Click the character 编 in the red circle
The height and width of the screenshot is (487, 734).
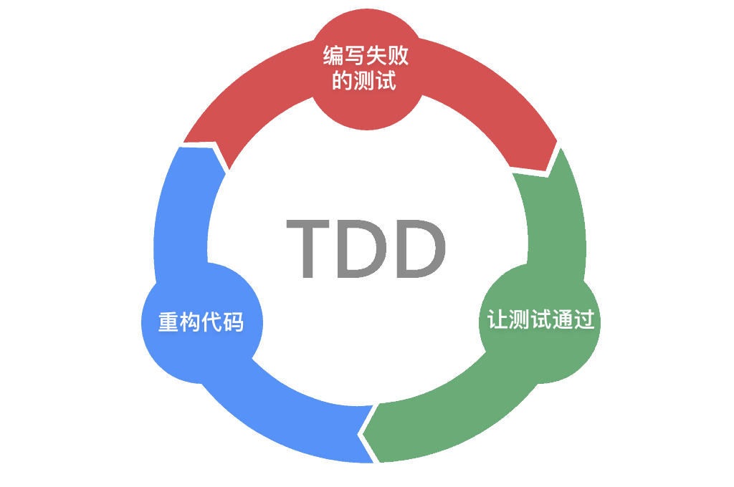[x=333, y=56]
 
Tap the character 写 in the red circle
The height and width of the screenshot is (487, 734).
[x=355, y=56]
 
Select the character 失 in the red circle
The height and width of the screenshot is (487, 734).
[x=376, y=56]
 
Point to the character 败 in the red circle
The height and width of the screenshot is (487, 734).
[x=398, y=56]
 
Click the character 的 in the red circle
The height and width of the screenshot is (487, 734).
[x=342, y=80]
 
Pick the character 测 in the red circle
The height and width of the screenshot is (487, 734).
[x=363, y=80]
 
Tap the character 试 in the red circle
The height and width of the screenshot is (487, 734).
[x=385, y=80]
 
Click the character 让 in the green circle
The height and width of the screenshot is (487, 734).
[x=497, y=319]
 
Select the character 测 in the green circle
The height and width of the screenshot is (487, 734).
[x=519, y=319]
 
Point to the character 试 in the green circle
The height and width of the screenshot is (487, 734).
[x=540, y=319]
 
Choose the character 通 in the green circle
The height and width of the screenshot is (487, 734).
[x=562, y=319]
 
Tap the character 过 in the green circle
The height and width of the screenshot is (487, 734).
[x=583, y=319]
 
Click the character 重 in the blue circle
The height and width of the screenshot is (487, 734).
[x=168, y=322]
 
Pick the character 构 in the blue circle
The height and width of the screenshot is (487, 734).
[x=190, y=322]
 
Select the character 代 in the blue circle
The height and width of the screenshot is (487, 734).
[x=211, y=322]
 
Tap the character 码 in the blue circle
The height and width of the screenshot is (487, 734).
[x=233, y=322]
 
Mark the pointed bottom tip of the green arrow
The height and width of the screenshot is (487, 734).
[x=363, y=435]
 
